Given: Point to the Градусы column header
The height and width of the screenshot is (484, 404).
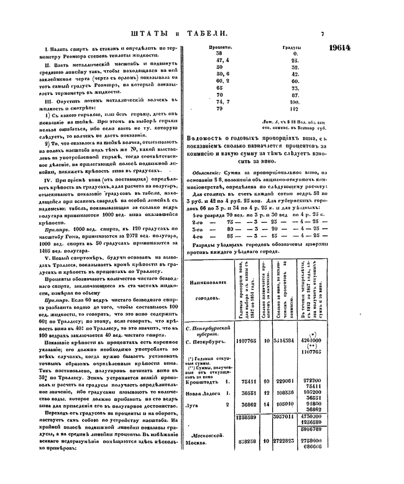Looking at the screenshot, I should click(292, 47).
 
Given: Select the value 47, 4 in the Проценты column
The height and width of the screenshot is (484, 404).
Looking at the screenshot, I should click(221, 61).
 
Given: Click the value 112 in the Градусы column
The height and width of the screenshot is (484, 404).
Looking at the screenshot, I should click(294, 109).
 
